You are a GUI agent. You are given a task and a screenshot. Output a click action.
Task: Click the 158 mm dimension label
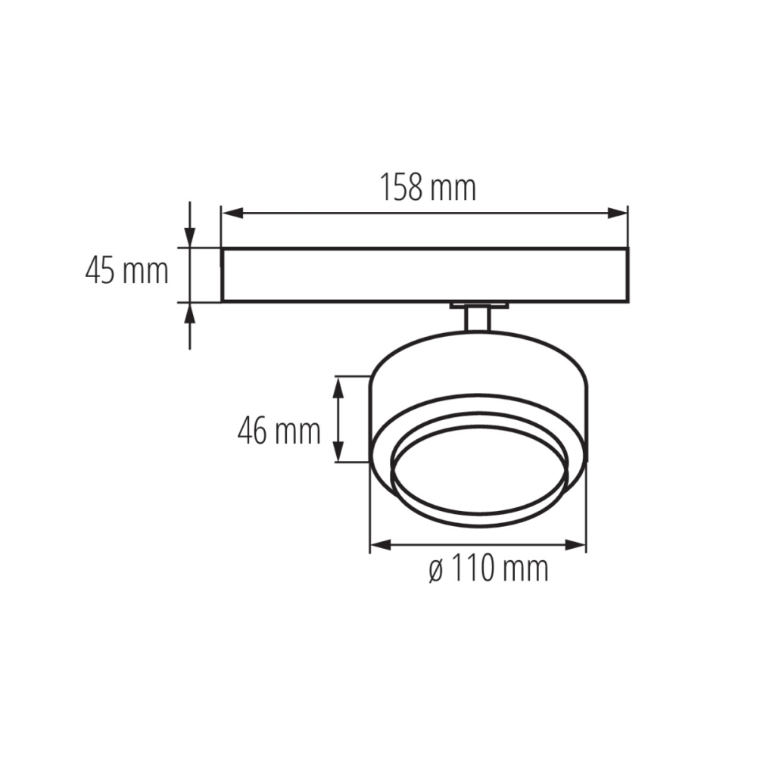[x=428, y=188]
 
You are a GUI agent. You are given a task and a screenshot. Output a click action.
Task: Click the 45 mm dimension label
[x=126, y=270]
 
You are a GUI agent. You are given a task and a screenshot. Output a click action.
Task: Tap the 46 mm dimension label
[x=279, y=431]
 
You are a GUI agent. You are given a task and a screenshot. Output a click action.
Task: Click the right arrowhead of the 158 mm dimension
[x=620, y=213]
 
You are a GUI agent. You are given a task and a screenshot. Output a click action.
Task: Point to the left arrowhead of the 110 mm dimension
[x=378, y=544]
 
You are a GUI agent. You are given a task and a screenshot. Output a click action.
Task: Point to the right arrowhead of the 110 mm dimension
[x=578, y=544]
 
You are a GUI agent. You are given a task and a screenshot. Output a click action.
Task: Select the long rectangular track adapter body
[x=424, y=274]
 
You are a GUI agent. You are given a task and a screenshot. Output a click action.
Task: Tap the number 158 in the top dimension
[x=400, y=188]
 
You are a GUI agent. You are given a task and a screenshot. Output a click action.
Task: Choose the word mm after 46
[x=298, y=431]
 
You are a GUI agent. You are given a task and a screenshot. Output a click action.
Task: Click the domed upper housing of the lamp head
[x=478, y=363]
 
